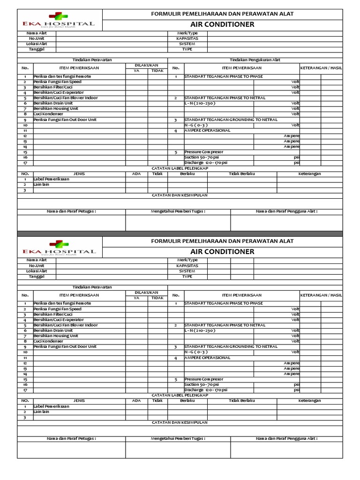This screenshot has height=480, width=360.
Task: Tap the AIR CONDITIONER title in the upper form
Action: [x=222, y=24]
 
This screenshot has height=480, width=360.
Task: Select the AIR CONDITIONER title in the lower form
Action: [x=222, y=252]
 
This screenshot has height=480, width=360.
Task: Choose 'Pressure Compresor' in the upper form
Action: [x=204, y=152]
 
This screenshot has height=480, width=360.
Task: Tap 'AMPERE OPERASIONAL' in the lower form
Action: [x=207, y=357]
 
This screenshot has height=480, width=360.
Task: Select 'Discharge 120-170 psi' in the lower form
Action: [x=206, y=390]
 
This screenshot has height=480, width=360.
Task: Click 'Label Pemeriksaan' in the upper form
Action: [x=51, y=179]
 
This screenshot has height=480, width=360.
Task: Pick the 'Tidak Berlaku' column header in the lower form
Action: [x=241, y=401]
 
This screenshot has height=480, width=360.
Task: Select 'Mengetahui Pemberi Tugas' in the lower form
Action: [x=178, y=438]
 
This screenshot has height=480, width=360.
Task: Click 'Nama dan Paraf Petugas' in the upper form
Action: [x=71, y=211]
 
